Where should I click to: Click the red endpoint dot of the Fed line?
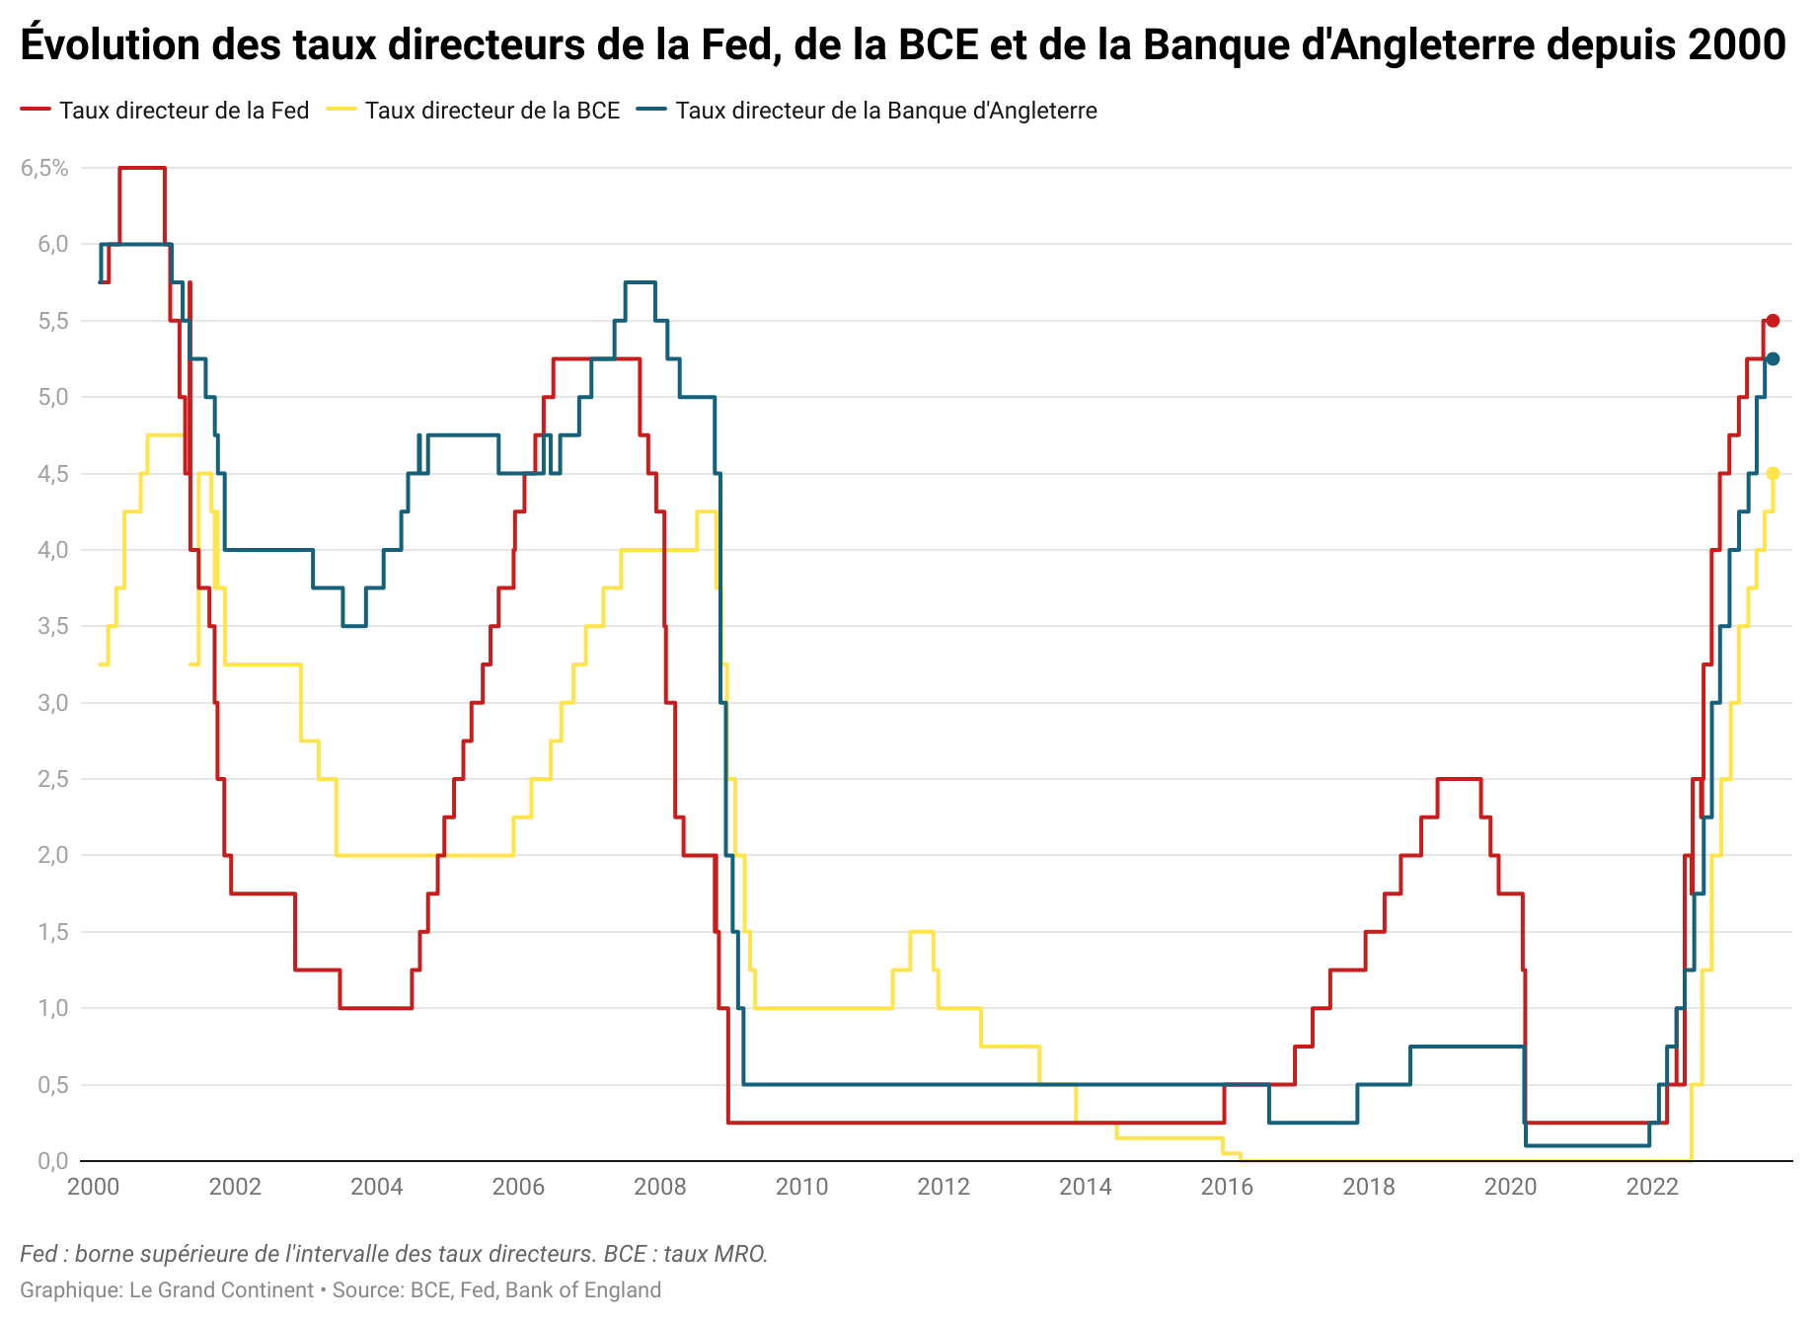point(1773,321)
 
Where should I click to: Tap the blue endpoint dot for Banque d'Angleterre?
point(1773,359)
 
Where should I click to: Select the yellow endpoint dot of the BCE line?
point(1773,474)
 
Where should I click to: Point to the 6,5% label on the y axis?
point(44,169)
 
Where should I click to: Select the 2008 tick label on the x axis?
point(660,1187)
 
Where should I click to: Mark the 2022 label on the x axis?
point(1652,1187)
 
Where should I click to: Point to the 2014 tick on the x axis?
point(1086,1187)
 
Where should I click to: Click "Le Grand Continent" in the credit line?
point(221,1290)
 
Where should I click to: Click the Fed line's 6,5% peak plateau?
point(142,168)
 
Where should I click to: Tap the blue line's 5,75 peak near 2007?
point(641,282)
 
